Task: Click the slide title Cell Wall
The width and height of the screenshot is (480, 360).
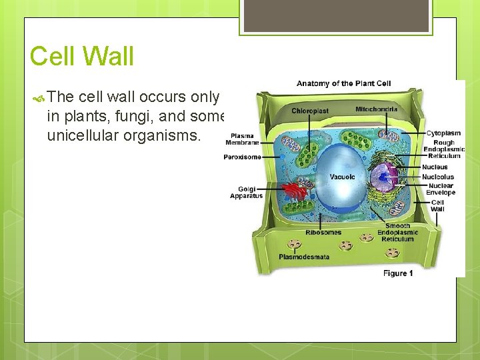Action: coord(81,57)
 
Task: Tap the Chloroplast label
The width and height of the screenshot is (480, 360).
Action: coord(311,110)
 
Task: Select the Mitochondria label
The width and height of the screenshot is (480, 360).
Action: coord(376,109)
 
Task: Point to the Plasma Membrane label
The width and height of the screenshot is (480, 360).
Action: coord(242,138)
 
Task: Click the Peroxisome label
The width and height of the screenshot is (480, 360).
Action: coord(242,158)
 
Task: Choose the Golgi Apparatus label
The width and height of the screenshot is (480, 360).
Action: coord(246,193)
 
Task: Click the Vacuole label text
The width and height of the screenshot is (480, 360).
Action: coord(342,177)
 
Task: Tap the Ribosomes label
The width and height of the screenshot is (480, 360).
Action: coord(323,233)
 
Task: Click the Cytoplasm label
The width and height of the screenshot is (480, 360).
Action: coord(443,133)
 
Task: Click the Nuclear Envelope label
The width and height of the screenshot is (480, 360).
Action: coord(441,189)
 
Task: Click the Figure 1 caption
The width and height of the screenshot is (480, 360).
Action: coord(398,273)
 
